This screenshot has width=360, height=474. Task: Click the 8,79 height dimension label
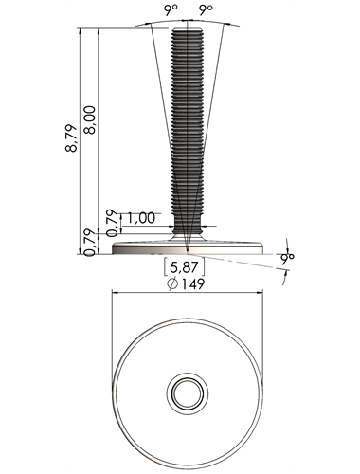point(71,138)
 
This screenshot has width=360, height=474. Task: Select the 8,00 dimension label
point(90,120)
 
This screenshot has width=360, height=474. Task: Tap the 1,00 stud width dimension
point(141,218)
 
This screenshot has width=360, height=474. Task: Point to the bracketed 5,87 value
point(184,267)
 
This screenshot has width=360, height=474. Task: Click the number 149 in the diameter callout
point(192,284)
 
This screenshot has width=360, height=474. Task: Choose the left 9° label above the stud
point(171,10)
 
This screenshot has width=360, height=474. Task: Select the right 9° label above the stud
point(206,10)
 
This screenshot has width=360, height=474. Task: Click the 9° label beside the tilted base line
point(288,258)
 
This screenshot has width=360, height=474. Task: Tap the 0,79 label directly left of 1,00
point(113,223)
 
